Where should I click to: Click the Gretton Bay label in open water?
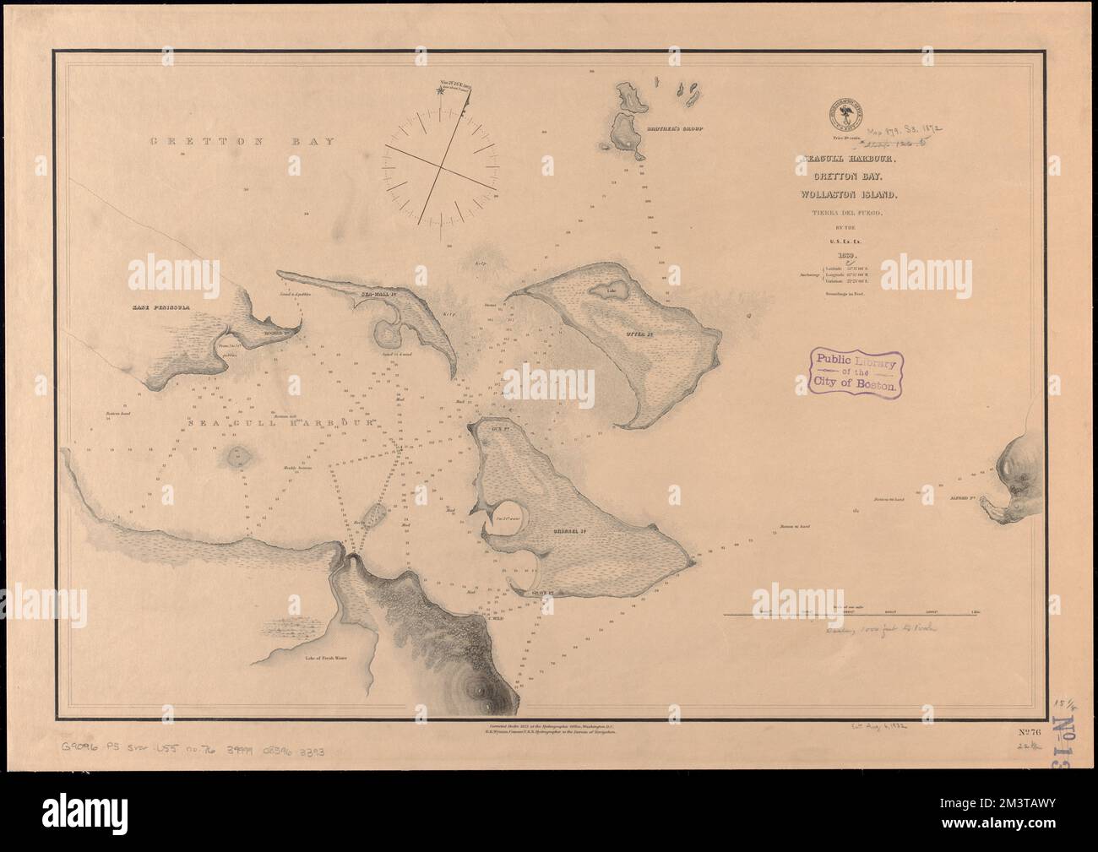tap(242, 141)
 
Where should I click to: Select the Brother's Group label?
tap(675, 130)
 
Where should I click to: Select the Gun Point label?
tap(497, 428)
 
